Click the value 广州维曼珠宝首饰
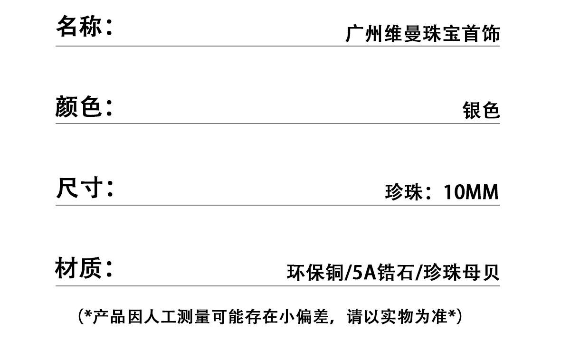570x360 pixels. [422, 34]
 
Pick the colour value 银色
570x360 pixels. [481, 110]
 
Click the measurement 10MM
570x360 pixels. [471, 192]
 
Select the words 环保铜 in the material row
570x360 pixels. [314, 273]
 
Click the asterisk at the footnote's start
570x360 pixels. [87, 314]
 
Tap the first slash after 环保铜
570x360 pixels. [347, 273]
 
